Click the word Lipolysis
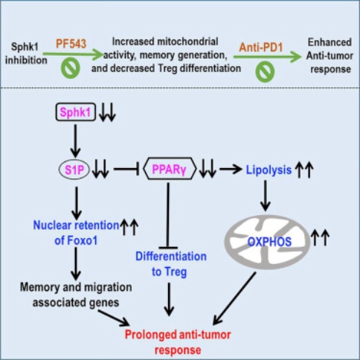269,170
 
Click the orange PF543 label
71,44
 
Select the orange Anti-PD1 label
261,47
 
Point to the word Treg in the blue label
176,272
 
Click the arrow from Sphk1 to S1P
75,141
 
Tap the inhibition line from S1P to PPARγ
126,170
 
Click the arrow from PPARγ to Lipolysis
231,170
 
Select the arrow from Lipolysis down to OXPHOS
266,196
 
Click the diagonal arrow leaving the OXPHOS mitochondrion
234,298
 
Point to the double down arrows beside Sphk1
107,112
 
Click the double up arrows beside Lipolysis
304,170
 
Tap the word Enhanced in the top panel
330,42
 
